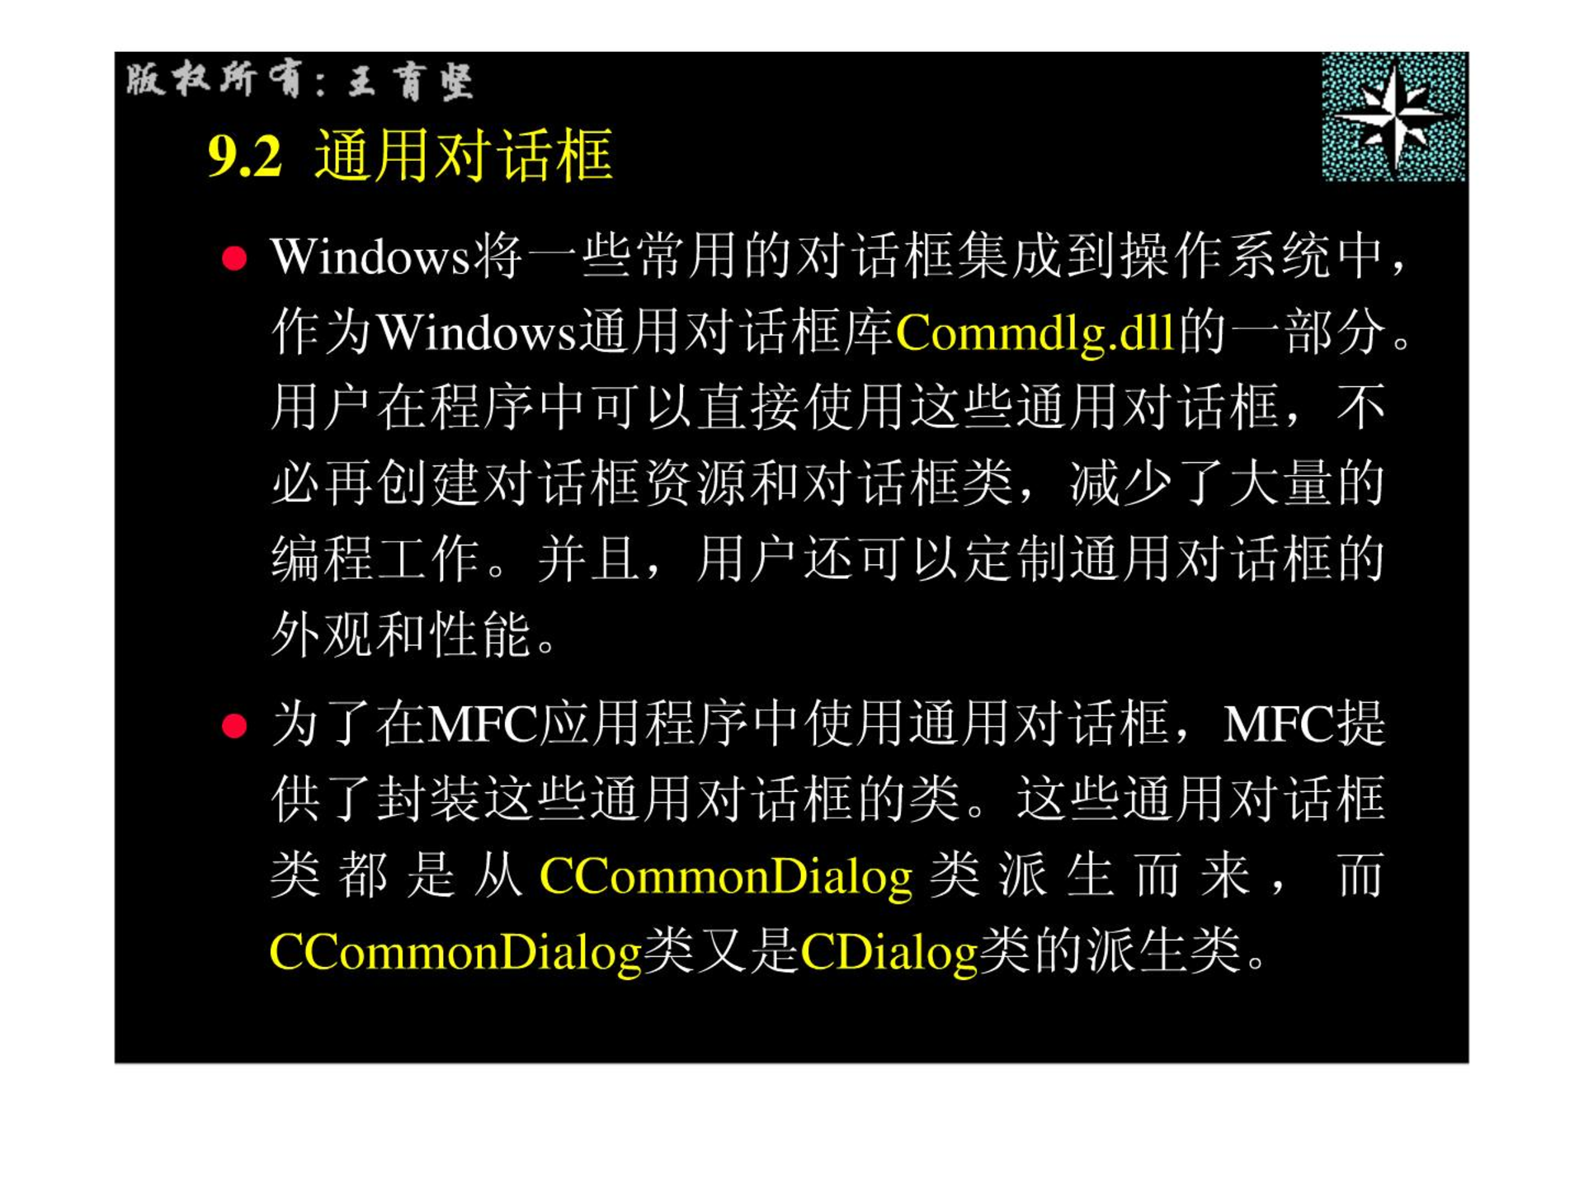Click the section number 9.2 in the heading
(x=245, y=156)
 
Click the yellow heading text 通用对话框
(x=464, y=155)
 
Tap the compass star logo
(x=1393, y=116)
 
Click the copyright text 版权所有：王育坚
(x=299, y=81)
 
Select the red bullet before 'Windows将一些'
(x=234, y=258)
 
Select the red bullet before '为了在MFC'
(x=234, y=726)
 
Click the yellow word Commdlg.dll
(x=1035, y=332)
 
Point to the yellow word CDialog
(x=889, y=951)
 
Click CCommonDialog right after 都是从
(x=726, y=876)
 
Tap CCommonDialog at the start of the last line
(x=455, y=951)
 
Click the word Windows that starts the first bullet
(x=370, y=257)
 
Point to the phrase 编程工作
(x=376, y=559)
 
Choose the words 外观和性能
(x=402, y=634)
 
